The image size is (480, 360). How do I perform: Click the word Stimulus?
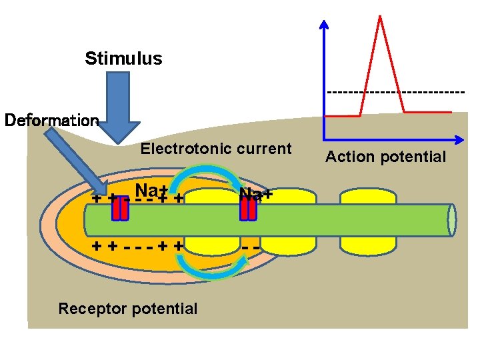coord(123,59)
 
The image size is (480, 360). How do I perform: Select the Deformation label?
coord(51,121)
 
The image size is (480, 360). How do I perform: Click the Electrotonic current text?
coord(215,149)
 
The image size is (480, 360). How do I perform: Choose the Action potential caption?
coord(385,157)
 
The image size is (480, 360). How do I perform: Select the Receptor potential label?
coord(127,309)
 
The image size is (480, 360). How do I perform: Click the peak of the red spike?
coord(380,17)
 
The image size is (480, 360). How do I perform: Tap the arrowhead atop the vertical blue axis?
coord(324,25)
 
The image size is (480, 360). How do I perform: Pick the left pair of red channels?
coord(120,209)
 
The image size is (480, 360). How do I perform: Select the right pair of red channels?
coord(248,209)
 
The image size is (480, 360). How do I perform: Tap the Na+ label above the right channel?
coord(256,194)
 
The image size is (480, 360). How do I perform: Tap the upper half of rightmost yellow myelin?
coord(362,197)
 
